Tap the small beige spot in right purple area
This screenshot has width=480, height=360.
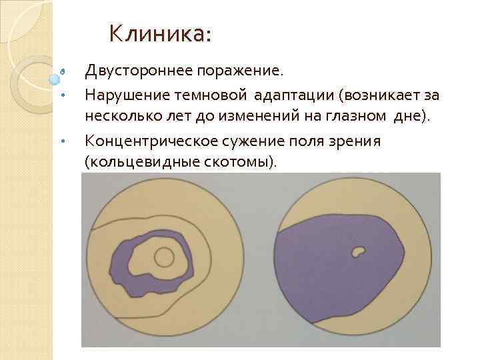point(359,251)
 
